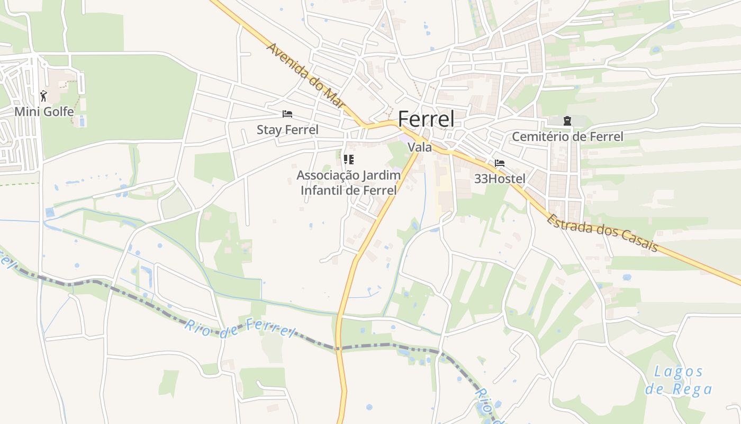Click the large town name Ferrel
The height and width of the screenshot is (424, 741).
[x=426, y=119]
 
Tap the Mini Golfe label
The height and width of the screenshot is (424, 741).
[x=44, y=112]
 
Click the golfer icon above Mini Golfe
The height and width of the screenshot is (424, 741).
[x=44, y=96]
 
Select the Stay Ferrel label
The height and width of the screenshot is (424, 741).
[x=287, y=130]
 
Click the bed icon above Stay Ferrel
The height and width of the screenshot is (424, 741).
[x=287, y=114]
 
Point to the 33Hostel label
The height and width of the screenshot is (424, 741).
[x=500, y=179]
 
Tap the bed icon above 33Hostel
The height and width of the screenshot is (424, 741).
[x=500, y=163]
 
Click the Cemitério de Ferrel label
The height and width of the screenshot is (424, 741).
[x=567, y=137]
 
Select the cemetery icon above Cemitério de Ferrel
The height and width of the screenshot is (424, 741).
[x=567, y=121]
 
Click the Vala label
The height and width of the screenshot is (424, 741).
[x=420, y=147]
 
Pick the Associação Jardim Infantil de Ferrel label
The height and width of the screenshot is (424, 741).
[x=348, y=183]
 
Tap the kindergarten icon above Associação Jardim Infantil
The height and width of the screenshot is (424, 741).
[x=348, y=159]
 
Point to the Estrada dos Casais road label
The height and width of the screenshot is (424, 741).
[x=602, y=233]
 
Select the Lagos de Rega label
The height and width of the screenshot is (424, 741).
[x=679, y=381]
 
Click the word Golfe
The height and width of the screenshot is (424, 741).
[x=59, y=112]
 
